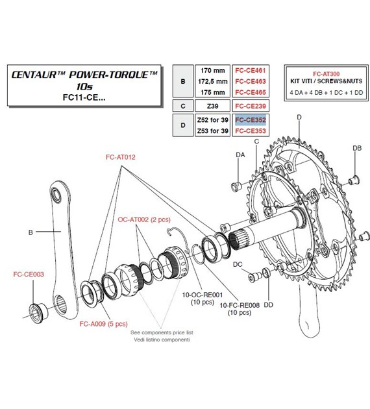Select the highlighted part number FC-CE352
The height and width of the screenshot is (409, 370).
coord(248,120)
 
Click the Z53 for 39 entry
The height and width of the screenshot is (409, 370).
coord(210,131)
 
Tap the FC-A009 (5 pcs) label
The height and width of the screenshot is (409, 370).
coord(97,323)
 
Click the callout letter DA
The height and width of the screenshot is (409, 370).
coord(240,155)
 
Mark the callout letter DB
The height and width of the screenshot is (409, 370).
coord(356,148)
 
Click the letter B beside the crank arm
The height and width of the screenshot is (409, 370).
coord(30,230)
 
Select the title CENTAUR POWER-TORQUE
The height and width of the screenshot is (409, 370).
coord(84,75)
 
